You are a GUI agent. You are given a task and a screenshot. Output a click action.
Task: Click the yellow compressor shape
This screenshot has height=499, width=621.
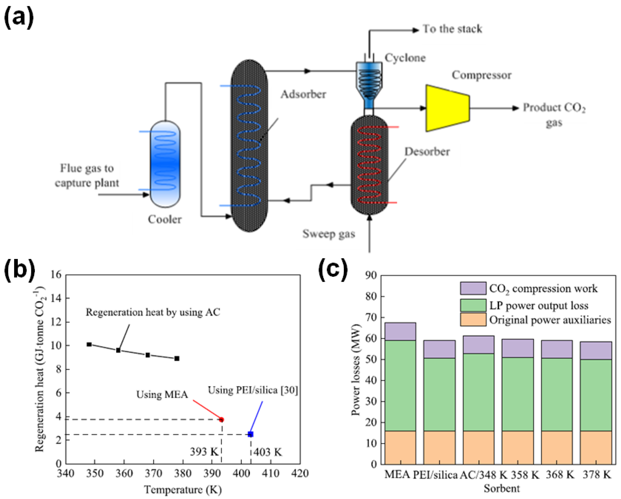click(447, 108)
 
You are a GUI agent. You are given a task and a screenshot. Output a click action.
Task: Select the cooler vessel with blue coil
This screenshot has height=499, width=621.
click(165, 163)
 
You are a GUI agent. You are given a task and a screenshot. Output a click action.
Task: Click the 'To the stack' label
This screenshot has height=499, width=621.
click(452, 29)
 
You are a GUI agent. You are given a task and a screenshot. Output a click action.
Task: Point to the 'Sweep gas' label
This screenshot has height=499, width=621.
click(328, 234)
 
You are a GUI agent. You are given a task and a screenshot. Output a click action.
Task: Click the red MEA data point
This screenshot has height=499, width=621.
click(221, 420)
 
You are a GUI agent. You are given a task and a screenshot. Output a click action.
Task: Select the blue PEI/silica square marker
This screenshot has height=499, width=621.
click(251, 434)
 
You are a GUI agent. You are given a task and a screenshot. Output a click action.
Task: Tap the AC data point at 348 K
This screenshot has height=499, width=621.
click(89, 344)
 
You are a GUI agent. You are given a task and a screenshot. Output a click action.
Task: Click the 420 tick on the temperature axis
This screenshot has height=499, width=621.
click(300, 474)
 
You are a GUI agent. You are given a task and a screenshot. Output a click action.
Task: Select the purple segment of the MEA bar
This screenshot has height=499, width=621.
click(400, 331)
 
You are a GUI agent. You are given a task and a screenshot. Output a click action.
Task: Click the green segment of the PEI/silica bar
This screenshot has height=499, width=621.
click(439, 394)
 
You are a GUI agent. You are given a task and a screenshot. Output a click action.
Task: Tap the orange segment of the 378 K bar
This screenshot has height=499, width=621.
click(596, 447)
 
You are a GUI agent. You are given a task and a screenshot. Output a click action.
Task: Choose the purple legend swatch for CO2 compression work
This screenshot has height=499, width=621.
click(473, 288)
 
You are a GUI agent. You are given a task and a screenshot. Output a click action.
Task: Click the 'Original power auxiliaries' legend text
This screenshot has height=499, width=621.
click(550, 320)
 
